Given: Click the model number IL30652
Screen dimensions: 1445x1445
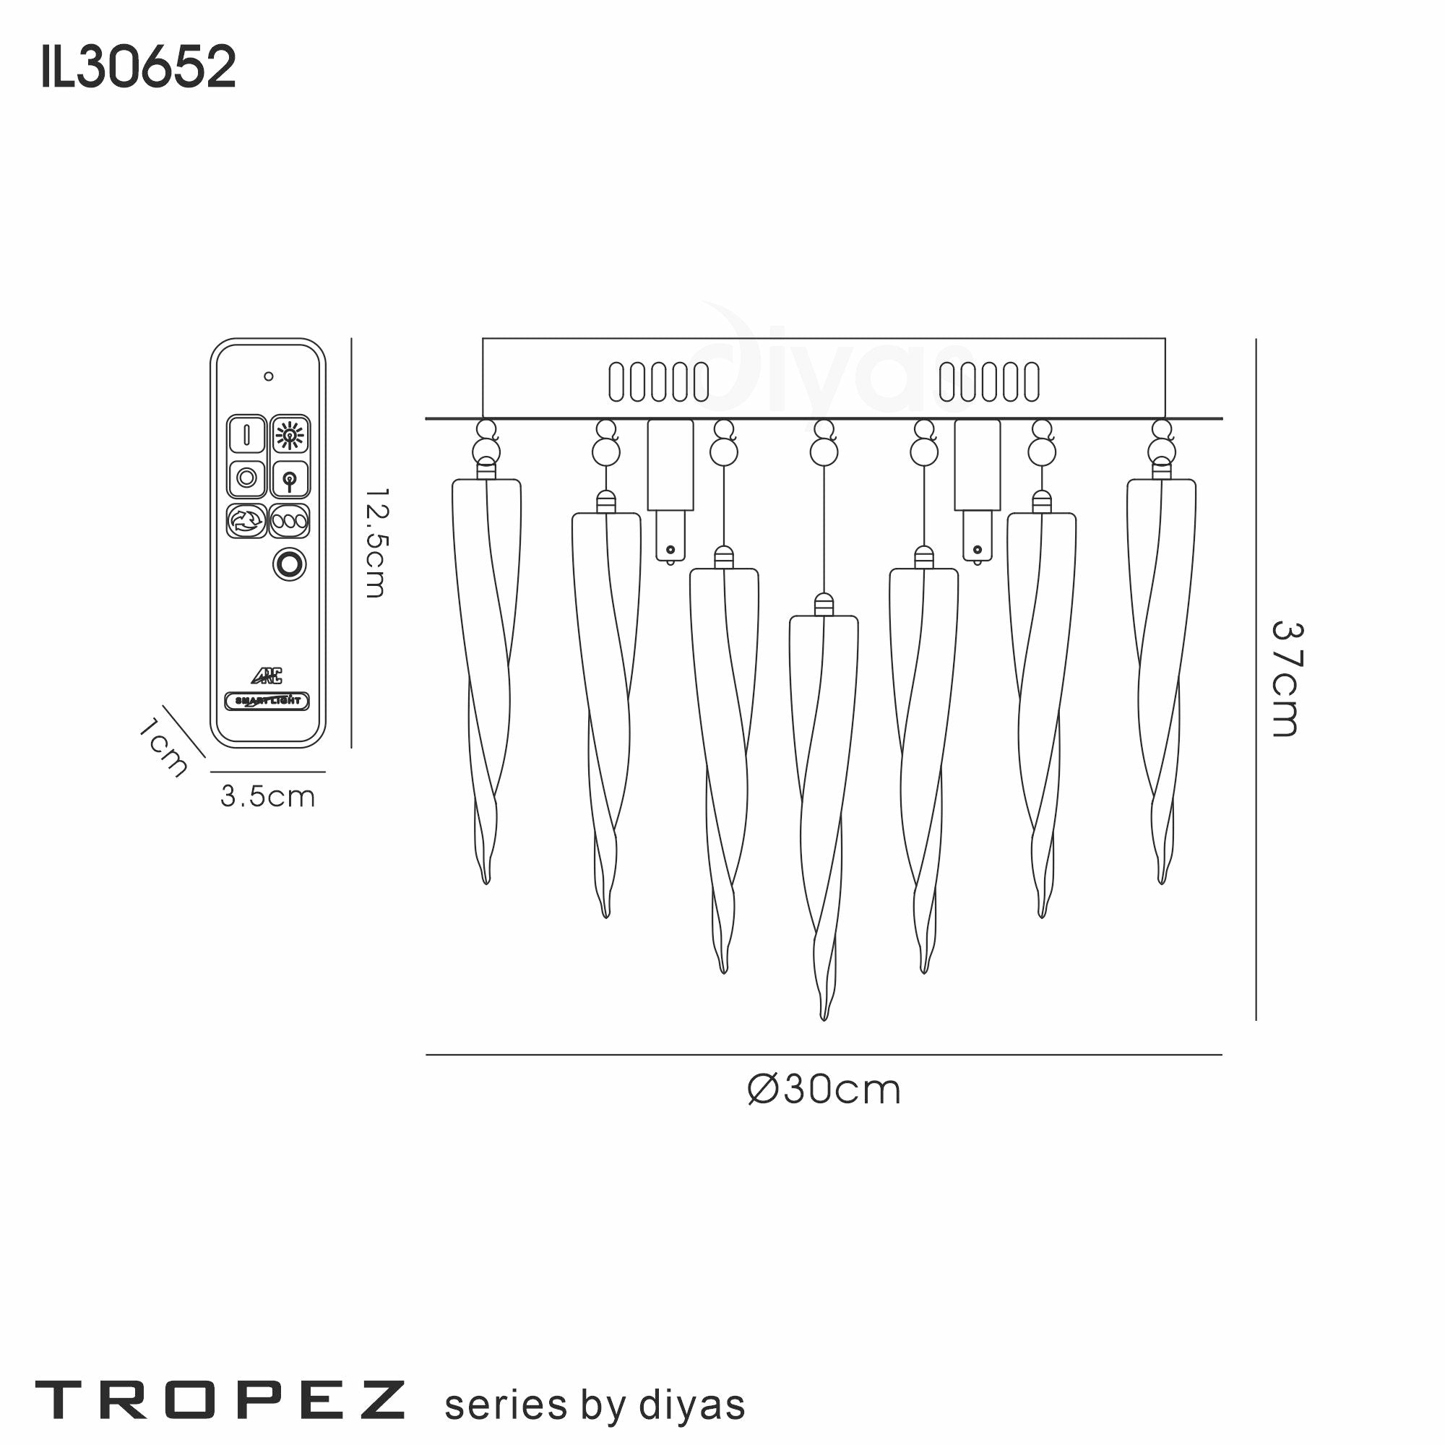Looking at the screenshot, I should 139,66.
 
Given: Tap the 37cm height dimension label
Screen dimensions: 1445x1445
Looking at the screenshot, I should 1287,679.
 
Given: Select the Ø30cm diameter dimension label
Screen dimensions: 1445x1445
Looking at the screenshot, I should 824,1090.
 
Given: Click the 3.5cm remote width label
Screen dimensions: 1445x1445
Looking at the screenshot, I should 268,795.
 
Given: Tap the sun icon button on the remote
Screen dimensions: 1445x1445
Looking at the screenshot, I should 290,434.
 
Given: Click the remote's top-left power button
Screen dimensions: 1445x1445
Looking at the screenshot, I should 246,434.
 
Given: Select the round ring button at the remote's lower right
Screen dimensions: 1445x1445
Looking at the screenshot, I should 290,564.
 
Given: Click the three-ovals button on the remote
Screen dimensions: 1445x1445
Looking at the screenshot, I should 290,520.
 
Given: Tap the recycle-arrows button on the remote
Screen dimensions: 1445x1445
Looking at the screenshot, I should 246,520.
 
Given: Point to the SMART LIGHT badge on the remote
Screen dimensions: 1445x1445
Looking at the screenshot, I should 267,701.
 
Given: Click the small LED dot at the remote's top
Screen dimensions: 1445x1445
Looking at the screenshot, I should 269,376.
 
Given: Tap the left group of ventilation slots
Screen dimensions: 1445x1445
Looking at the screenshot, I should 658,381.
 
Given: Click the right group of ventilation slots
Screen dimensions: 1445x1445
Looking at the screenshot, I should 989,381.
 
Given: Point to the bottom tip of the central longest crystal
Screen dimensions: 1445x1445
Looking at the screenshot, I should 824,1017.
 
